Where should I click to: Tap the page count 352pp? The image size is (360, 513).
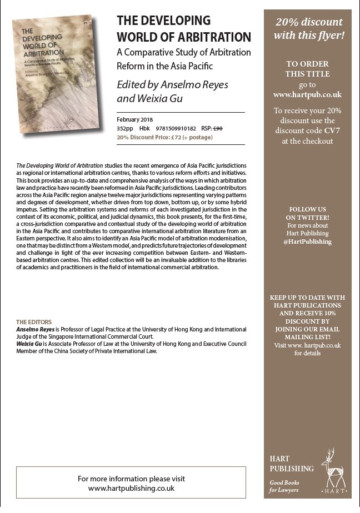(x=125, y=128)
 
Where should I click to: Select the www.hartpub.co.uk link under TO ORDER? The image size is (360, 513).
(x=307, y=94)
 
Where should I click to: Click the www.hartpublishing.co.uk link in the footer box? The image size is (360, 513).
(x=132, y=488)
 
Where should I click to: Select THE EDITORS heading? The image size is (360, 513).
(x=34, y=322)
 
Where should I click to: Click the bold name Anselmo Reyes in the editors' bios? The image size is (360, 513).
(x=36, y=329)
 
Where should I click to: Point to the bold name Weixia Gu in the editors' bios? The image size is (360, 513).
(x=31, y=344)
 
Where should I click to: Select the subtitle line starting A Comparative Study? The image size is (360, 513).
(x=184, y=52)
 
